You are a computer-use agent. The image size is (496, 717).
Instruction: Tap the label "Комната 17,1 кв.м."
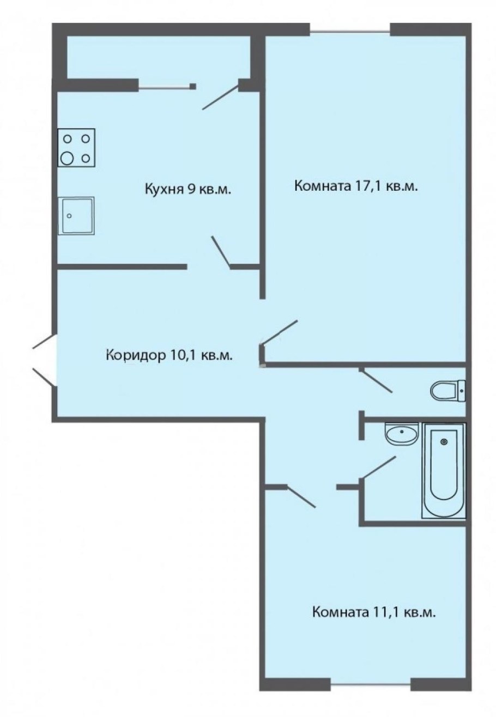(x=356, y=187)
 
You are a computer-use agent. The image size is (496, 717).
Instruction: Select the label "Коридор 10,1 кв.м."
(x=170, y=356)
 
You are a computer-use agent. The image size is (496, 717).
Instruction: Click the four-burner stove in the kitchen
(x=76, y=148)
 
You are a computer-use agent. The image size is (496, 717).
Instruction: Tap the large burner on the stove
(x=68, y=158)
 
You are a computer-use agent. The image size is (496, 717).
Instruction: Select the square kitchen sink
(x=76, y=216)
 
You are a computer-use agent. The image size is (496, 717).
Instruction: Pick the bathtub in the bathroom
(x=444, y=471)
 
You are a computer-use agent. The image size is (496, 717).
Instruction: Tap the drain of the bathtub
(x=444, y=441)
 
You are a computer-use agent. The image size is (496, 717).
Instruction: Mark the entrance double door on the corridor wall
(x=44, y=360)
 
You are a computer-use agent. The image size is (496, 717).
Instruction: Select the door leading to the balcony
(x=221, y=97)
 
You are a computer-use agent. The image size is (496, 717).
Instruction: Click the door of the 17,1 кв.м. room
(x=280, y=332)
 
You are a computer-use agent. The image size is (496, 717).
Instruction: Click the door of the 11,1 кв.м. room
(x=300, y=496)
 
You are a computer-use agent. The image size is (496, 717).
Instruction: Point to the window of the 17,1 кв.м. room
(x=350, y=30)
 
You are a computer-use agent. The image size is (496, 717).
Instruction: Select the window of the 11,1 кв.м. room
(x=371, y=683)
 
